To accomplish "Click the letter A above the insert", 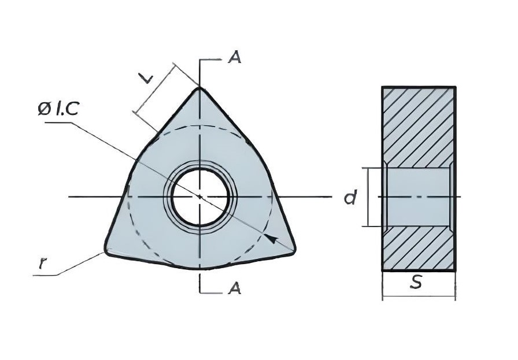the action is pos(235,58).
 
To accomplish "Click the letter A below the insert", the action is pos(235,288).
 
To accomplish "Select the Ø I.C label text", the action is pos(58,109).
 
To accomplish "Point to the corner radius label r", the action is pos(42,263).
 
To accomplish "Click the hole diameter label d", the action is pos(350,198).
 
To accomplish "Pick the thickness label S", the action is pos(417,283).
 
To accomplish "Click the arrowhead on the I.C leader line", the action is pos(271,239).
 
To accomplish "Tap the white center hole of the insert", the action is pos(200,198).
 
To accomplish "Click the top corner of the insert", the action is pos(199,87).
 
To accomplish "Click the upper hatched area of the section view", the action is pos(419,127).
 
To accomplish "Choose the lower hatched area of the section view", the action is pos(419,248).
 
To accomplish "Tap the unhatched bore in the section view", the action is pos(418,197).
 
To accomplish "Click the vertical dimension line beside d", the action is pos(368,197).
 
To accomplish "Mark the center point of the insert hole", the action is pos(200,197).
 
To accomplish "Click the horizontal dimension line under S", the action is pos(419,296).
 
